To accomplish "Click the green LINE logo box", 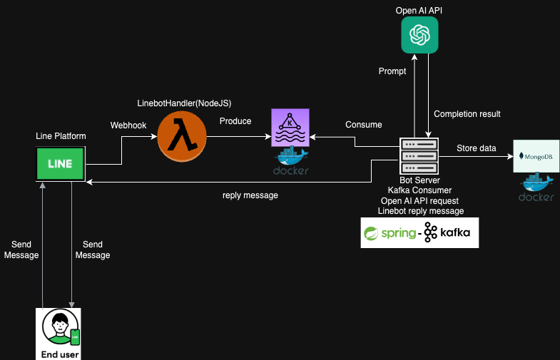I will click(61, 164).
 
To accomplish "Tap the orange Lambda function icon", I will click(181, 135).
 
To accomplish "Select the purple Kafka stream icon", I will click(290, 128).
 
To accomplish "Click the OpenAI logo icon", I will click(419, 34).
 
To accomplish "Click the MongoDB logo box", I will click(536, 155).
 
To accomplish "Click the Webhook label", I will click(128, 125).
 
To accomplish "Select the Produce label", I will click(235, 121).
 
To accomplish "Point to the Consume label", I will click(364, 125).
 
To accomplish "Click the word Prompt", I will click(392, 71).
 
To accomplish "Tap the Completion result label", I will click(467, 114).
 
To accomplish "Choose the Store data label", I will click(477, 148).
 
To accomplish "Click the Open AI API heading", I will click(419, 10).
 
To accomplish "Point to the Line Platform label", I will click(61, 136).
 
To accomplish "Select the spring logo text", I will click(397, 233).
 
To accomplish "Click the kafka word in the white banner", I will click(458, 233).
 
